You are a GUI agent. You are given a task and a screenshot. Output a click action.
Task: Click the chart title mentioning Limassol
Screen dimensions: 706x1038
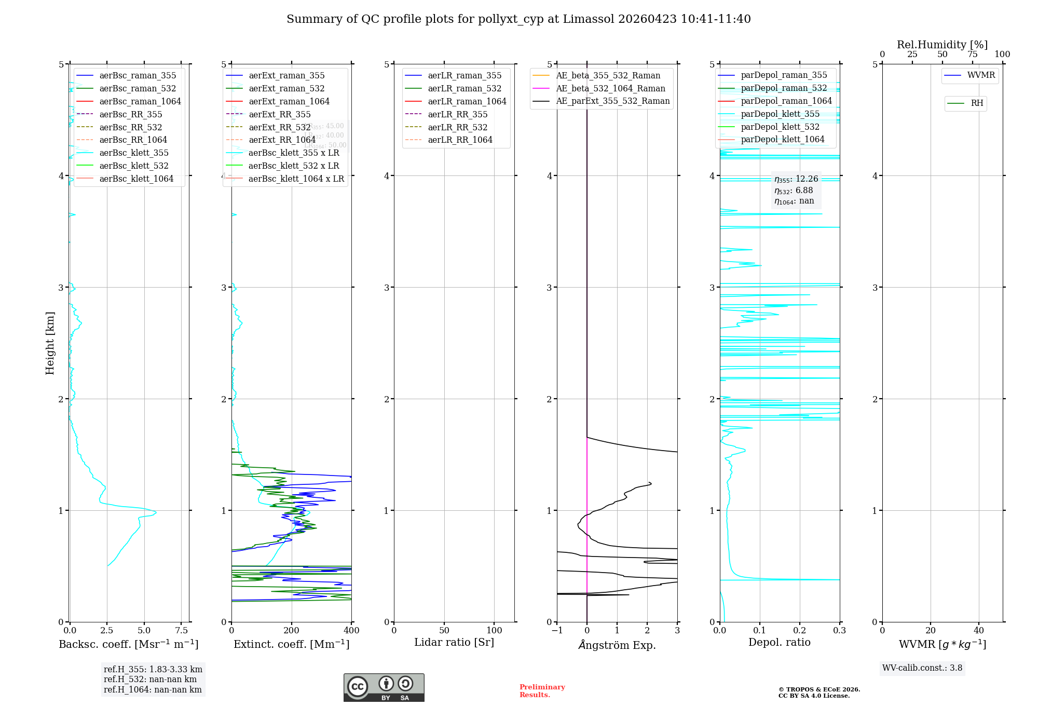point(518,19)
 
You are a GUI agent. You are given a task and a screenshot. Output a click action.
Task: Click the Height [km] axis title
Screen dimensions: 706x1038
point(50,343)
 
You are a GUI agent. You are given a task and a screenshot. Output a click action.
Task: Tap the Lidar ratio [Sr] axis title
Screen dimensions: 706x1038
point(454,643)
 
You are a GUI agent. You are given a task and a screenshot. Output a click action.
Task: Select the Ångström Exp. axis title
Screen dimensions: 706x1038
point(617,645)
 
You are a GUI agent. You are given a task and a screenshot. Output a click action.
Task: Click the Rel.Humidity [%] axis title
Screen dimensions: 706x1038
point(942,45)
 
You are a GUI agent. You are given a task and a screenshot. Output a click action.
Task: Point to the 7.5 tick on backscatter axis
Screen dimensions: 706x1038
point(182,631)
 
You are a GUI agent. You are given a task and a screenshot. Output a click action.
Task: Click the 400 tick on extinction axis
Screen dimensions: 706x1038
point(352,631)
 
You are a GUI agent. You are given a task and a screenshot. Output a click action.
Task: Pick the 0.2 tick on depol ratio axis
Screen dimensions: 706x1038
point(800,631)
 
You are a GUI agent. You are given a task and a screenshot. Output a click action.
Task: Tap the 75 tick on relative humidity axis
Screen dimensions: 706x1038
point(972,55)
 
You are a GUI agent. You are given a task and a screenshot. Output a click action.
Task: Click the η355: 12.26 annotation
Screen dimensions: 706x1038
point(796,180)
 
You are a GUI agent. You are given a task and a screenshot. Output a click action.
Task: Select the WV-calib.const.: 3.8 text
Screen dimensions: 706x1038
point(922,668)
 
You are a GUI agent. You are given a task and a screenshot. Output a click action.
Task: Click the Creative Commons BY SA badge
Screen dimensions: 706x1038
point(384,688)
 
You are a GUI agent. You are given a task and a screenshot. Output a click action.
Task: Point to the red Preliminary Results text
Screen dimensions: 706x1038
point(542,691)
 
